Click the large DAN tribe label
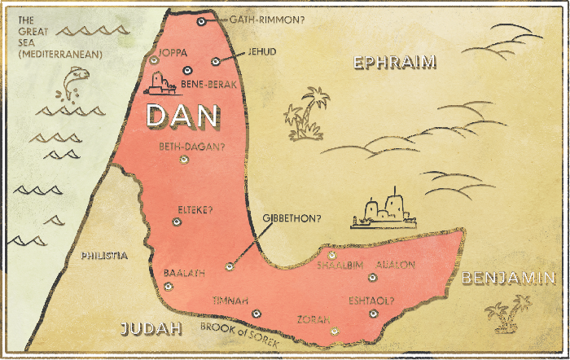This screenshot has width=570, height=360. click(182, 115)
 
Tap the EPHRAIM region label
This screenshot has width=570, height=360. click(395, 62)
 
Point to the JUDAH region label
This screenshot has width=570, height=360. click(150, 329)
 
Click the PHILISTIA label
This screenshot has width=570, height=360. click(104, 256)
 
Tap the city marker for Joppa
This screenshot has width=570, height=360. click(154, 59)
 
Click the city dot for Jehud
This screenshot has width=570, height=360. click(215, 61)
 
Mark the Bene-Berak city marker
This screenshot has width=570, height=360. click(186, 70)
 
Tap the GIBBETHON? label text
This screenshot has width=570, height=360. click(292, 218)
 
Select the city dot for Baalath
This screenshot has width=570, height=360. click(169, 286)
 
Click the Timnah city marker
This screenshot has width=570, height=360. click(256, 313)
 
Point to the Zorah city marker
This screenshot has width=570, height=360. click(334, 331)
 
